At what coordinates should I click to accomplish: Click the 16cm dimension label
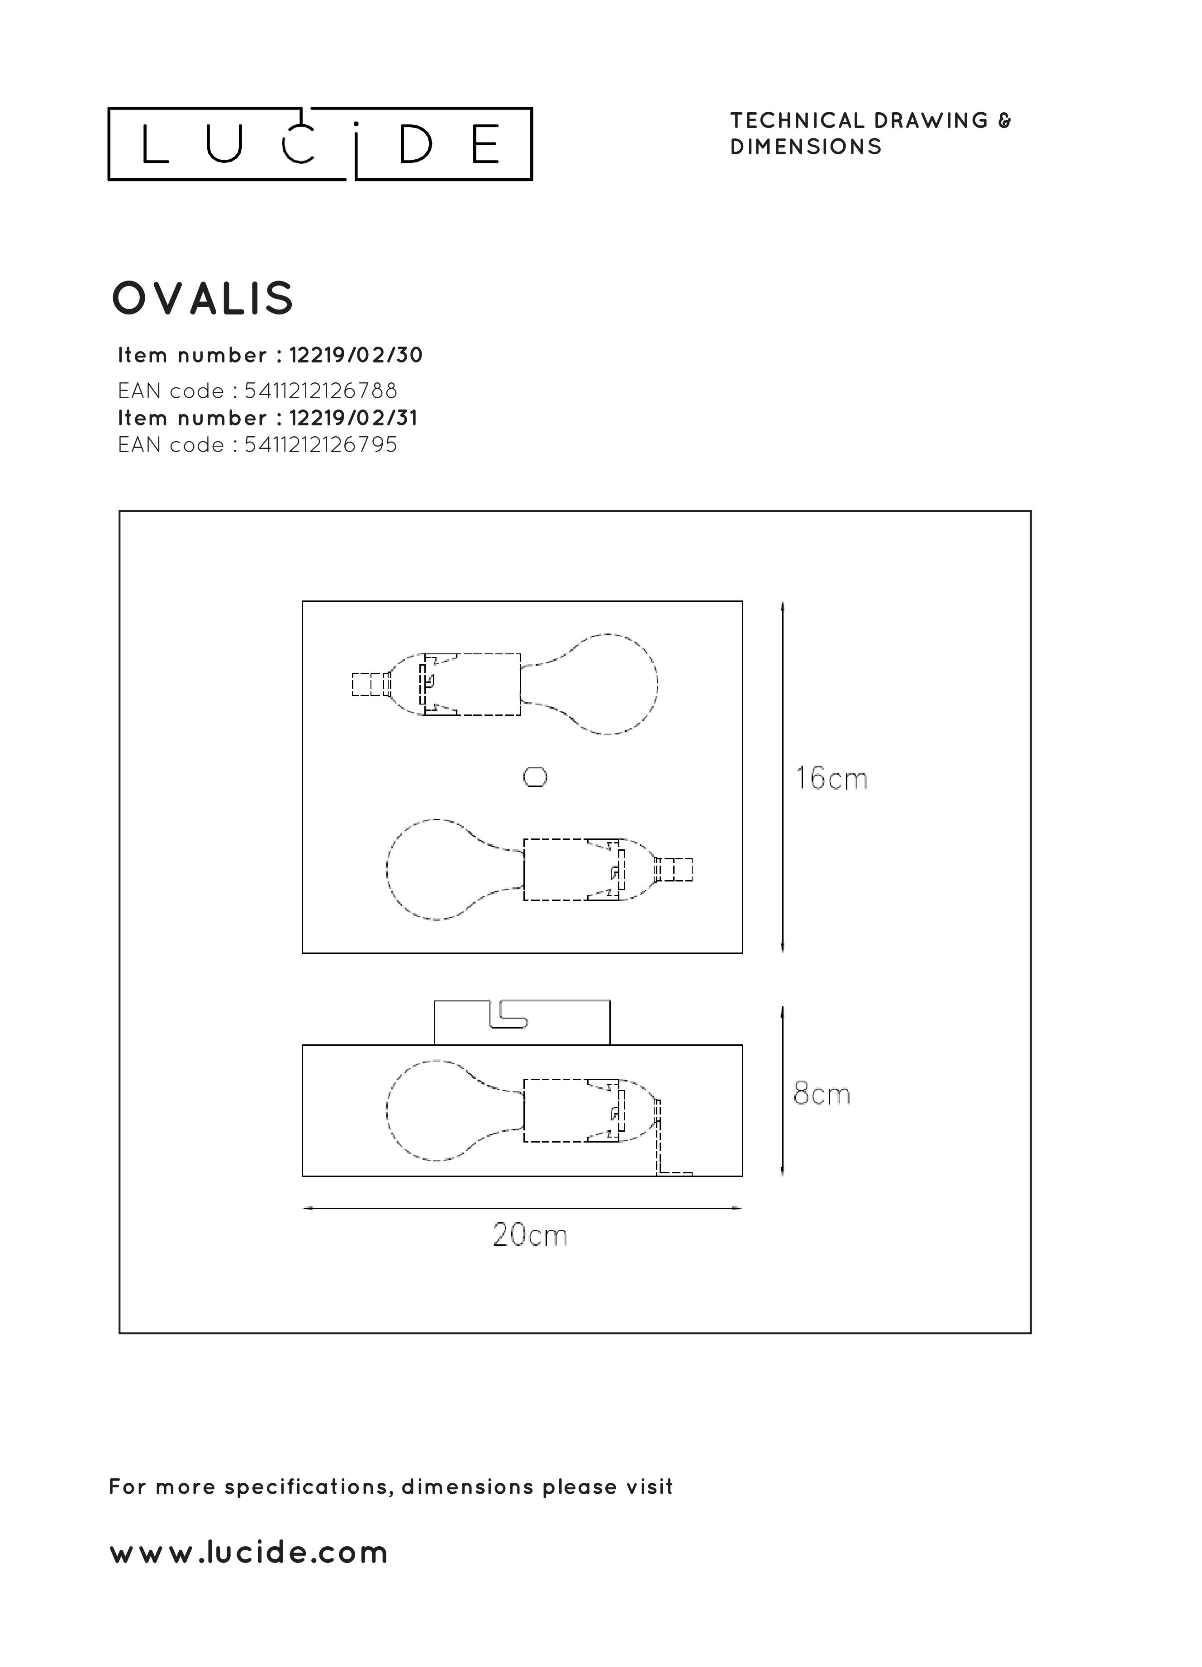[x=831, y=778]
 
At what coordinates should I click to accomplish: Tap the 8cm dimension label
[x=822, y=1095]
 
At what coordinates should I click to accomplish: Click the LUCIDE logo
[x=320, y=144]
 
